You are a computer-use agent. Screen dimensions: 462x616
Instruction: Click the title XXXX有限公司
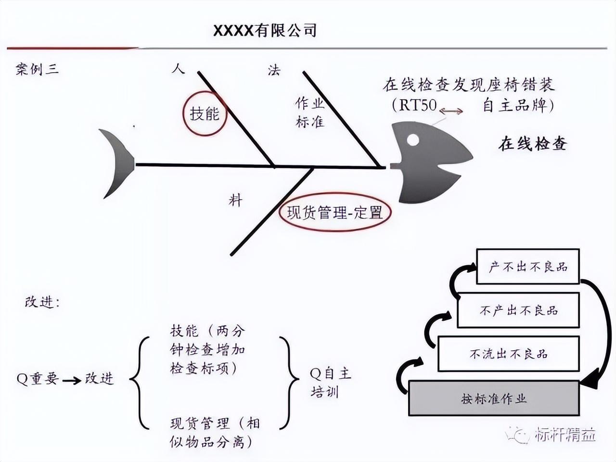tap(265, 31)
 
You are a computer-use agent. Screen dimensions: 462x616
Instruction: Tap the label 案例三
tap(37, 69)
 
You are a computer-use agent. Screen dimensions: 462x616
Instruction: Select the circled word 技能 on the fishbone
tap(205, 114)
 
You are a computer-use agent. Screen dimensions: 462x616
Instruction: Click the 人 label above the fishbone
tap(178, 68)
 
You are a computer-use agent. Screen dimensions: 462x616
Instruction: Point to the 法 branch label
tap(274, 70)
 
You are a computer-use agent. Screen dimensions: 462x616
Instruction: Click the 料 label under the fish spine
tap(235, 200)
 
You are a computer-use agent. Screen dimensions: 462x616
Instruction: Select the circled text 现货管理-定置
tap(334, 212)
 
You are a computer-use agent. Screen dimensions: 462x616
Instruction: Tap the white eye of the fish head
tap(412, 140)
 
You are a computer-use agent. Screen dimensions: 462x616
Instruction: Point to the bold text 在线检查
tap(533, 144)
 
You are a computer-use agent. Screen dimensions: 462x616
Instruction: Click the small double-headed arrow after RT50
tap(451, 112)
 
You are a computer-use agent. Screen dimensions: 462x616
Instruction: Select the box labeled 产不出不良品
tap(528, 267)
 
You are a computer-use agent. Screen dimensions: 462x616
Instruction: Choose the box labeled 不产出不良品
tap(518, 310)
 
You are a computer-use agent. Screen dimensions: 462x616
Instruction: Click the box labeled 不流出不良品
tap(509, 354)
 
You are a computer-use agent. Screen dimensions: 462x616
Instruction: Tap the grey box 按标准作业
tap(494, 398)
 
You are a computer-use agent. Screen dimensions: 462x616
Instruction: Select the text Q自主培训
tap(330, 383)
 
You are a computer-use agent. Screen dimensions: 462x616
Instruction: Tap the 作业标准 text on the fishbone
tap(310, 112)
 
